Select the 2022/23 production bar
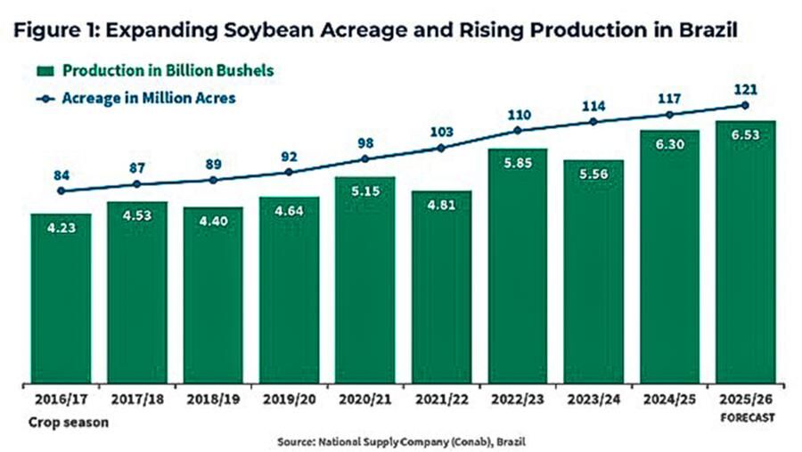tap(517, 267)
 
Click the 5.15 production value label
tap(364, 190)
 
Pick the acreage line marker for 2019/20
tap(288, 172)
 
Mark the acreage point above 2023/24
tap(593, 121)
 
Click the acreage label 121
tap(746, 89)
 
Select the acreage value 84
tap(61, 174)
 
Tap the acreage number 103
tap(441, 132)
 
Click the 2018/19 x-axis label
tap(212, 400)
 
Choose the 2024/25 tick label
tap(669, 400)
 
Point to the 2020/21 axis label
tap(364, 400)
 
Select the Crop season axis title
tap(69, 422)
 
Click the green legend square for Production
tap(45, 70)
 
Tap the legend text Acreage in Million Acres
tap(148, 98)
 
